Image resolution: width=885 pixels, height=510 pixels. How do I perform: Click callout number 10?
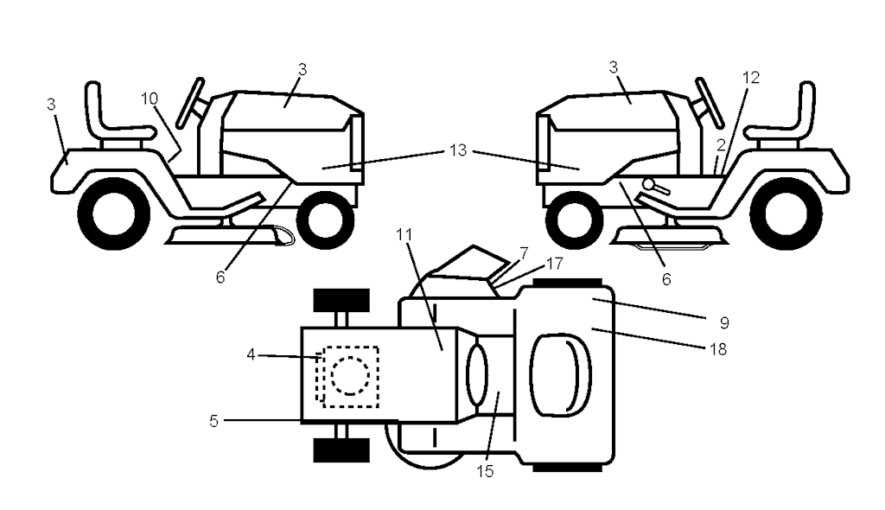tap(149, 99)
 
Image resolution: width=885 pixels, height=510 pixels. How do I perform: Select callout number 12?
tap(751, 78)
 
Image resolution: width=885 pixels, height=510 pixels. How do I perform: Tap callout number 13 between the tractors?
tap(458, 150)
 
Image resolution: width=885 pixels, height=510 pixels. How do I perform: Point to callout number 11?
tap(404, 234)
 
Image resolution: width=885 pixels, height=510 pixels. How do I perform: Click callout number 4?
tap(251, 354)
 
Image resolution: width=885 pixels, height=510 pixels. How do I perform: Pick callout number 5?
tap(213, 421)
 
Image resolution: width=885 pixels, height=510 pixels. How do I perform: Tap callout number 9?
tap(724, 323)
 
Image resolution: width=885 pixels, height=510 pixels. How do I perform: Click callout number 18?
tap(718, 349)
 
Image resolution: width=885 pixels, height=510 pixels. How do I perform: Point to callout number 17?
tap(554, 264)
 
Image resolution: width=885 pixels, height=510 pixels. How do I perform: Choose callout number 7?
tap(524, 252)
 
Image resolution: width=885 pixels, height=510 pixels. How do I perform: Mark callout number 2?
tap(721, 146)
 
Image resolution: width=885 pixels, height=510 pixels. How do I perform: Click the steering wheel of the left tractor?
tap(190, 104)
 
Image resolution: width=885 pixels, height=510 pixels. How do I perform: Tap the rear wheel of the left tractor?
tap(115, 214)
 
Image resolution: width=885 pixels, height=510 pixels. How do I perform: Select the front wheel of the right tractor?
tap(573, 220)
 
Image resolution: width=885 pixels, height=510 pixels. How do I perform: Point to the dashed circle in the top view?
tap(351, 375)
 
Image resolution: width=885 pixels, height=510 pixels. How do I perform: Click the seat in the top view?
tap(561, 375)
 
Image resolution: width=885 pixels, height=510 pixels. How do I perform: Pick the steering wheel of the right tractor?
tap(710, 102)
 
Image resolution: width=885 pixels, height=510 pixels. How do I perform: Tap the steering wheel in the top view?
tap(477, 374)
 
